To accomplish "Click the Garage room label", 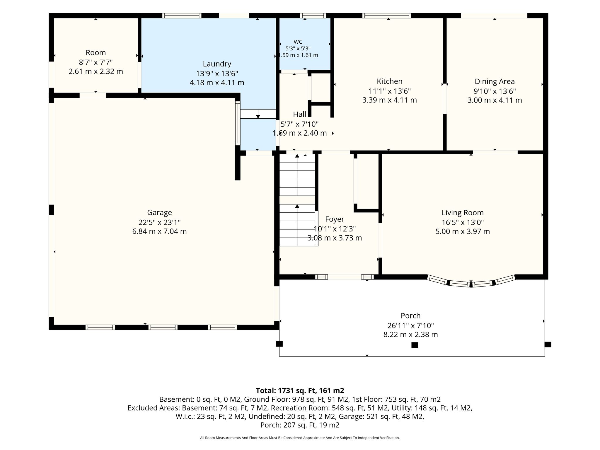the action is click(x=159, y=213).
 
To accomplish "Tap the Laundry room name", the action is click(x=217, y=64).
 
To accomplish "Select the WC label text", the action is click(x=298, y=42).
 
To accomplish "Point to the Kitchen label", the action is click(x=389, y=81).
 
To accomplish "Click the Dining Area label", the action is click(x=495, y=81).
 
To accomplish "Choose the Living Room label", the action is click(x=463, y=213).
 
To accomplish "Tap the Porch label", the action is click(x=410, y=316).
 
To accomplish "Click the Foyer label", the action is click(x=335, y=219).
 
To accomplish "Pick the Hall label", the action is click(x=299, y=114).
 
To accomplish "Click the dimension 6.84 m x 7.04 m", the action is click(x=159, y=231).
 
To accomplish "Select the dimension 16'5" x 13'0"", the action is click(x=463, y=222).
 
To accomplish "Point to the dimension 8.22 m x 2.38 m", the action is click(x=410, y=335).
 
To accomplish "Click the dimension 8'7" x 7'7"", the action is click(x=96, y=62).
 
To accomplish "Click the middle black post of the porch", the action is click(x=415, y=345).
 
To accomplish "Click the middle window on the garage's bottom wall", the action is click(x=163, y=327).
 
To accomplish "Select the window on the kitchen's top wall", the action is click(x=387, y=16).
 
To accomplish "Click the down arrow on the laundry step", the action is click(x=258, y=114).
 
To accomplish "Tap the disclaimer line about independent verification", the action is click(x=300, y=438).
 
